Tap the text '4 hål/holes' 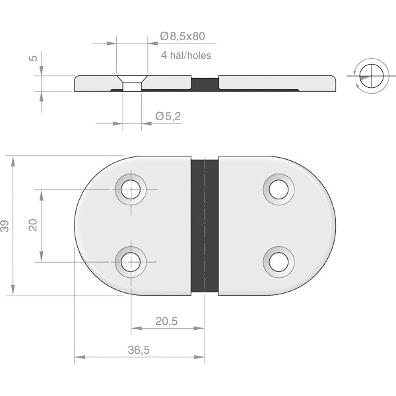[x=186, y=55]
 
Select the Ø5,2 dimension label [x=168, y=116]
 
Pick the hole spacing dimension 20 [x=33, y=226]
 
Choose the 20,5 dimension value [x=166, y=321]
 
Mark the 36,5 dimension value [x=139, y=351]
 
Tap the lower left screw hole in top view [x=131, y=262]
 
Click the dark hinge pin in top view [x=205, y=226]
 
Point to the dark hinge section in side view [x=205, y=83]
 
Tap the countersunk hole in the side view [x=133, y=83]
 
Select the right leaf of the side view [x=277, y=83]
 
